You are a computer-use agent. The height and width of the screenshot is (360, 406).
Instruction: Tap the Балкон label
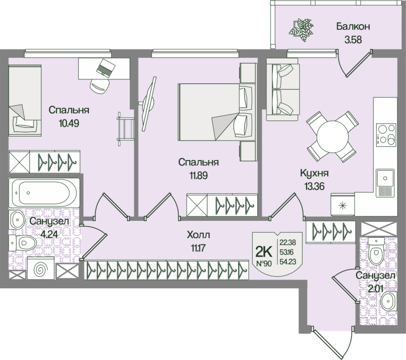(351, 26)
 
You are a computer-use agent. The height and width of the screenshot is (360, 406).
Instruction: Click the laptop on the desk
(106, 67)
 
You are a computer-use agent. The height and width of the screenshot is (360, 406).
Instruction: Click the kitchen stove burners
(384, 134)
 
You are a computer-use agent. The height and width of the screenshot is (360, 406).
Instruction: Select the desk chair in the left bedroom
(100, 85)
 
